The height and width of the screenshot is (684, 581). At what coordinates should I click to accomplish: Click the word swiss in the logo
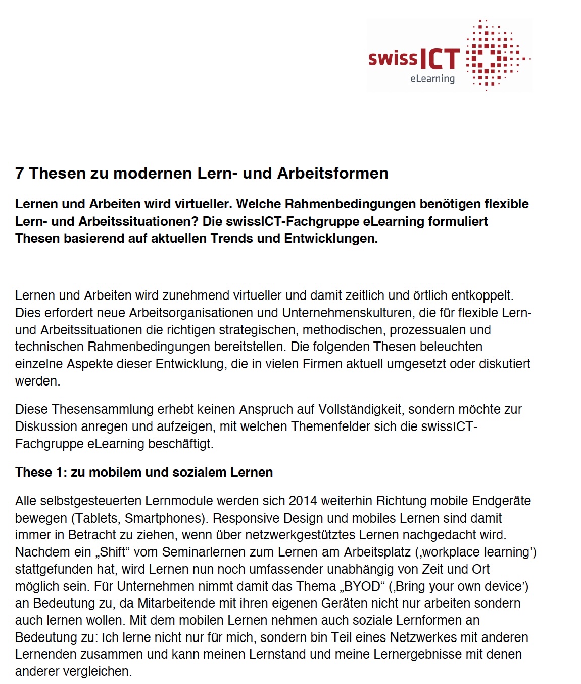tap(393, 58)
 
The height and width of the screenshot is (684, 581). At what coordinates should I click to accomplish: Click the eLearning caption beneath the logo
tap(432, 79)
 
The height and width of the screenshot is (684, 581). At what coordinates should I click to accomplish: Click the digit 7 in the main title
tap(19, 173)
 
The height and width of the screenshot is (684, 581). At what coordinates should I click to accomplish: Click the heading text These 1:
tap(41, 472)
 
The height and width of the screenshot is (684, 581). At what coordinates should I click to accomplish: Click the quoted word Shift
tap(112, 552)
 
